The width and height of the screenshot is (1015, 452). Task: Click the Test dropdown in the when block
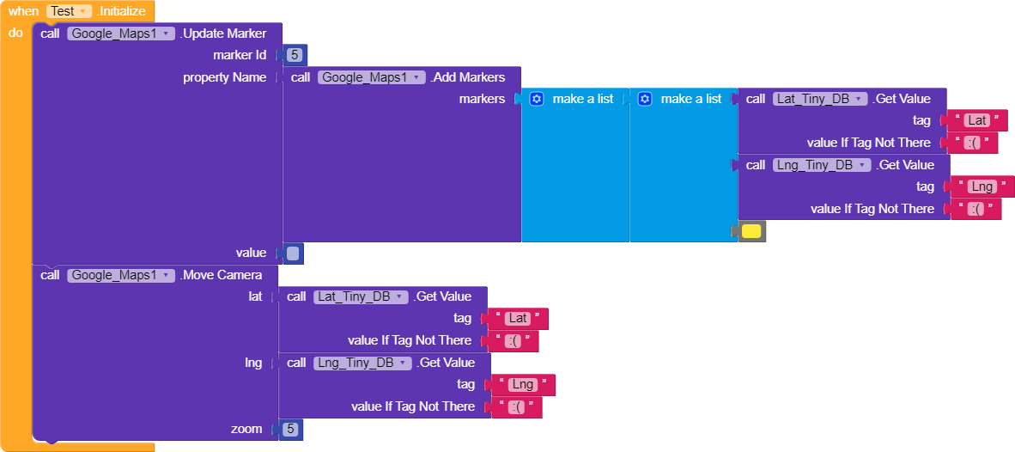coord(69,11)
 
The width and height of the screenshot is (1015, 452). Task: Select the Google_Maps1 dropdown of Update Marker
coord(121,34)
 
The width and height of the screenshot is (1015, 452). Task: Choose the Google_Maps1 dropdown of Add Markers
coord(372,77)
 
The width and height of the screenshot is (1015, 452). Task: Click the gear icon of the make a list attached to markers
coord(536,99)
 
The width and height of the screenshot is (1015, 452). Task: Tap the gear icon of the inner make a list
coord(644,99)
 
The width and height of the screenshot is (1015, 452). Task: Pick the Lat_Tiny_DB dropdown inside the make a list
coord(820,99)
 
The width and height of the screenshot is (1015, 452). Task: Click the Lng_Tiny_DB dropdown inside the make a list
coord(822,165)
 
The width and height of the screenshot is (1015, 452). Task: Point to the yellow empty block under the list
coord(751,231)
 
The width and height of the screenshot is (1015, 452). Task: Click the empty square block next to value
coord(293,253)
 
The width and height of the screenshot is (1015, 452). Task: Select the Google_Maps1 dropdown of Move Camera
coord(121,275)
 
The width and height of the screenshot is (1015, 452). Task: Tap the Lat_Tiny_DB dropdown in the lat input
coord(362,297)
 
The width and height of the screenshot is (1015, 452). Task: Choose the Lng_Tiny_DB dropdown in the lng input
coord(362,363)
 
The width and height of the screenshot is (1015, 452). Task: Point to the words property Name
coord(225,77)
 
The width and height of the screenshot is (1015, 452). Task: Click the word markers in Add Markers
coord(483,99)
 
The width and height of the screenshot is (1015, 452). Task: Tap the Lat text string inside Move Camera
coord(517,320)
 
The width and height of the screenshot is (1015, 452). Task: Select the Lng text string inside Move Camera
coord(522,385)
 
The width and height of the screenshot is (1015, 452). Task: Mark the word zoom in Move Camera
coord(246,429)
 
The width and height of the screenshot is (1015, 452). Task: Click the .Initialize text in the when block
coord(121,11)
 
